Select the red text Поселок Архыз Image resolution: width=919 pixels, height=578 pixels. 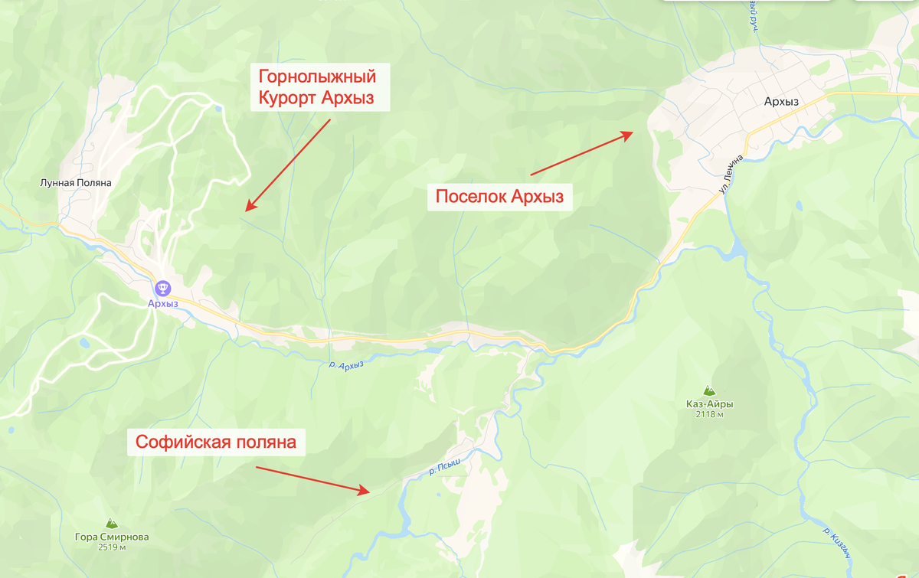click(x=499, y=197)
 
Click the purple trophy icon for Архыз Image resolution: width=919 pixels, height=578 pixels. click(x=162, y=289)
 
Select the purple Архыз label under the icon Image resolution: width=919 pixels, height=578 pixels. click(x=162, y=304)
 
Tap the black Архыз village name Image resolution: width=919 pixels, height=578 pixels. click(x=781, y=102)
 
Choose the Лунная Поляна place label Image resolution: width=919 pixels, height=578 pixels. click(x=77, y=183)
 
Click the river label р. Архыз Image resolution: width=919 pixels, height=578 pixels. click(x=345, y=365)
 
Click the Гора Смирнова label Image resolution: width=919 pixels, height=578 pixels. click(x=112, y=537)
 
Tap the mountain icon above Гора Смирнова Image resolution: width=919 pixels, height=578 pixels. click(x=112, y=523)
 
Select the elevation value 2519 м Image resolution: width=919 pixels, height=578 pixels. click(x=112, y=547)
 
